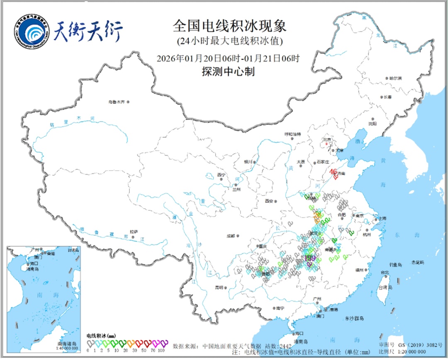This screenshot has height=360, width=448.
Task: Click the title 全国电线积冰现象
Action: [x=229, y=27]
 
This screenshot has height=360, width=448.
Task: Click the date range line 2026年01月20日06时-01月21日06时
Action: [x=229, y=58]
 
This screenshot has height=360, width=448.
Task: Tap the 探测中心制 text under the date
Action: [x=228, y=72]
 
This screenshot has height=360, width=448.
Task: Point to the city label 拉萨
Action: [x=133, y=232]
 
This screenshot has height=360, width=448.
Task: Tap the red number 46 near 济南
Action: [x=333, y=171]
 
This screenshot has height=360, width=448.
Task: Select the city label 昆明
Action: [x=219, y=287]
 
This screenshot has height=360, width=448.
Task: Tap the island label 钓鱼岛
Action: [x=396, y=265]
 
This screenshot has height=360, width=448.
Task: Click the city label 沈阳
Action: [x=373, y=124]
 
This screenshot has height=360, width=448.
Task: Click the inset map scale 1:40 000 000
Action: [x=66, y=348]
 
